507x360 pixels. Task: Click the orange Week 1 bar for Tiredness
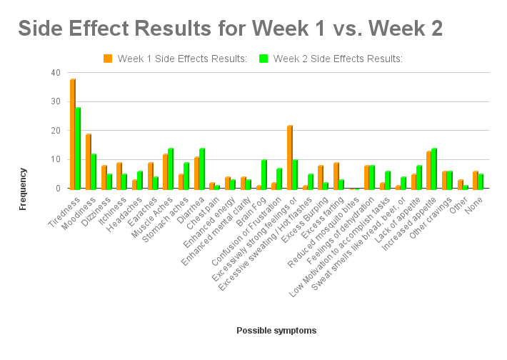73,134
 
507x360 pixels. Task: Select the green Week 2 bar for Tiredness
78,149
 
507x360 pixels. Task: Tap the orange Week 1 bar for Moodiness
89,161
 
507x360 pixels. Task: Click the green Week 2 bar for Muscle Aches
171,169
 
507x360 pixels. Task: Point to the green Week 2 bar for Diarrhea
202,169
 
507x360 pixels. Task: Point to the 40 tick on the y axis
56,73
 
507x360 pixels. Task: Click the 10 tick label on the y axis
56,160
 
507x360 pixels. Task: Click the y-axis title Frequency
23,189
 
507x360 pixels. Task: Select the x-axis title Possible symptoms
276,331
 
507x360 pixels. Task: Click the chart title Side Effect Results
230,29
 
